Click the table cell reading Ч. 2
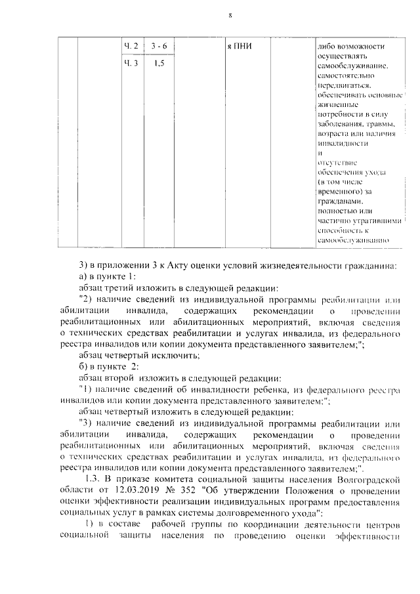tap(131, 46)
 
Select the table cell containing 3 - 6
tap(158, 46)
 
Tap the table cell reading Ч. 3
tap(131, 64)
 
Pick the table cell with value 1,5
tap(158, 64)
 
